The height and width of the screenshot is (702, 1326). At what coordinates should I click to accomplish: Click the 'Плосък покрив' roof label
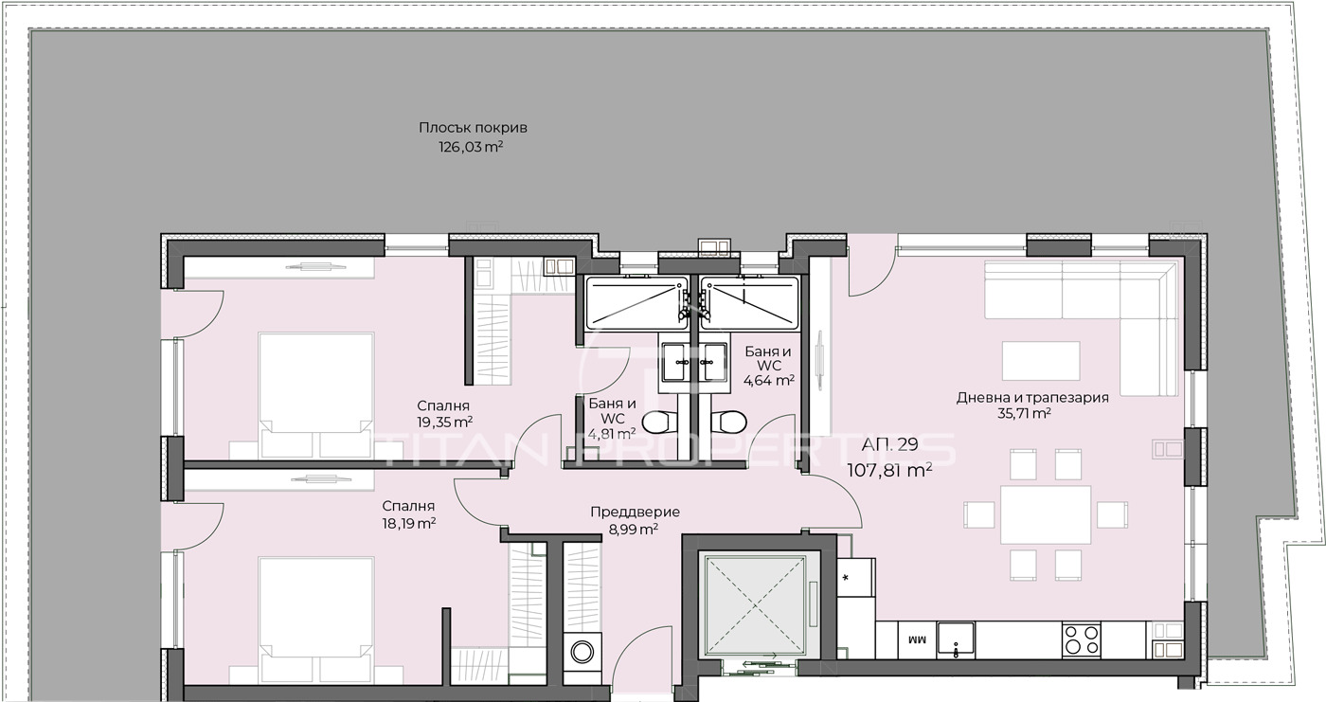473,128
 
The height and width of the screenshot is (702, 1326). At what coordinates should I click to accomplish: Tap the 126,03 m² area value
471,147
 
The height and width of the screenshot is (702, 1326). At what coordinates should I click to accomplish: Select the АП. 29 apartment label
889,444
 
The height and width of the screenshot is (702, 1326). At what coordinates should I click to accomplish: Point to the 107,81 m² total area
889,471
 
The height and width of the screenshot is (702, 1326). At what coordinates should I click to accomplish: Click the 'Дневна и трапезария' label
1032,398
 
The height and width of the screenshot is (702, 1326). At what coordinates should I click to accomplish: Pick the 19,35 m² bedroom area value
444,422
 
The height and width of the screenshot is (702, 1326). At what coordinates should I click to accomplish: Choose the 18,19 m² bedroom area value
409,523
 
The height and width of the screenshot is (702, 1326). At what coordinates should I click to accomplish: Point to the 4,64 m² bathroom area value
768,380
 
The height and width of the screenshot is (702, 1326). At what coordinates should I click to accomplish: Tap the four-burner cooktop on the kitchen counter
1081,639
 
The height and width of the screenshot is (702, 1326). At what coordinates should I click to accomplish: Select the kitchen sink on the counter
956,639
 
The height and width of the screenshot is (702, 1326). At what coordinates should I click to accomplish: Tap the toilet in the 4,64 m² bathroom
731,423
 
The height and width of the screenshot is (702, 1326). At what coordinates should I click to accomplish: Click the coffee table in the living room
1041,360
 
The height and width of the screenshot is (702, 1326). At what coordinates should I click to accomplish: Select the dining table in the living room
1046,515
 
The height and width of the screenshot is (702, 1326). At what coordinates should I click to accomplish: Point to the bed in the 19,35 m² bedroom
316,395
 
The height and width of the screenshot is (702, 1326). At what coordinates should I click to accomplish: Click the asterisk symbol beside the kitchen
845,578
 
